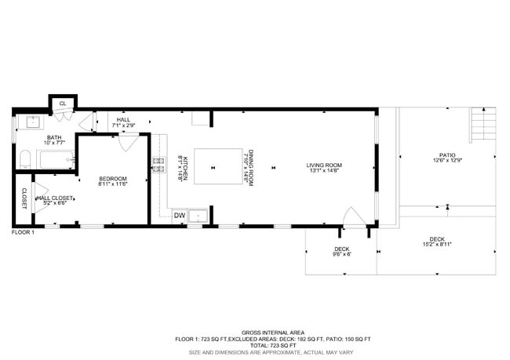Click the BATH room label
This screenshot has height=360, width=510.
[31, 137]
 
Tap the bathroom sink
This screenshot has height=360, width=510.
[34, 122]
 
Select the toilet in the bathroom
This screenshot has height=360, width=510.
[24, 161]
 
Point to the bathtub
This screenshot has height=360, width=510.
[56, 159]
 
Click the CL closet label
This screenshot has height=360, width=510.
[62, 103]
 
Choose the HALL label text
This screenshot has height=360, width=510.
[123, 120]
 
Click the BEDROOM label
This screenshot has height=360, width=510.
[112, 179]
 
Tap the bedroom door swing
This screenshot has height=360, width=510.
[128, 143]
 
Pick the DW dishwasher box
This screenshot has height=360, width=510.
[179, 215]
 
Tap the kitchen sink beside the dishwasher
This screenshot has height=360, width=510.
[198, 215]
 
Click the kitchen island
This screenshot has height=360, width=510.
[217, 166]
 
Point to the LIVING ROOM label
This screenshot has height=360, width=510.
[324, 165]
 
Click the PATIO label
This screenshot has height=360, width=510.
[447, 155]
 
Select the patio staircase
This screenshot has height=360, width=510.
[483, 124]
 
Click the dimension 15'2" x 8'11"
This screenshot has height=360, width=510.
[436, 244]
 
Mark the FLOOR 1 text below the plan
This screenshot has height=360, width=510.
[23, 232]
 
